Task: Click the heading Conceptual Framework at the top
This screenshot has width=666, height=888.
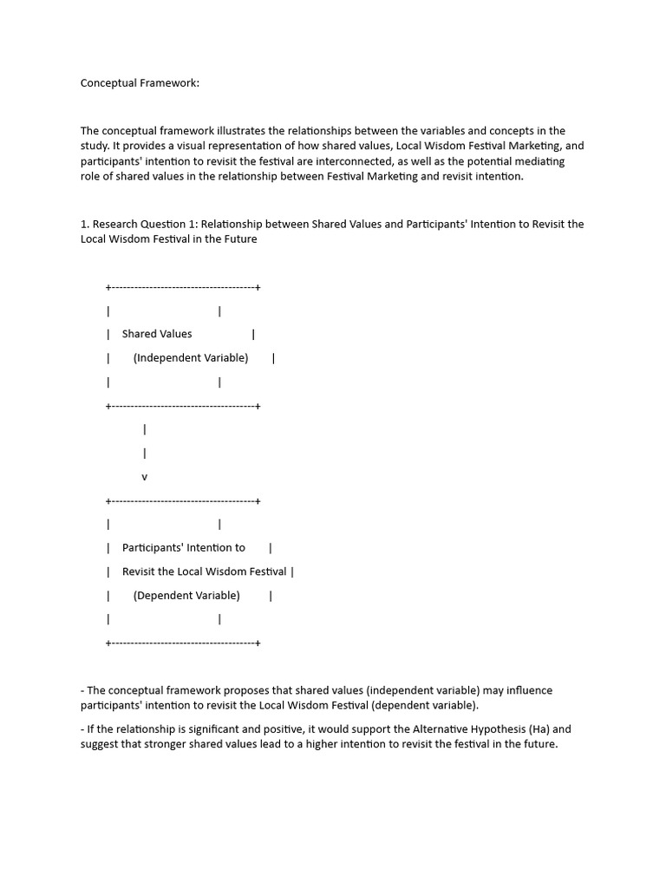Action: point(140,83)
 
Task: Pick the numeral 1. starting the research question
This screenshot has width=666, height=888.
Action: point(85,224)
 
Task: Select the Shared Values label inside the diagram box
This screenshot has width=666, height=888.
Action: point(157,334)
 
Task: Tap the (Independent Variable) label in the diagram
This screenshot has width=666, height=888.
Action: point(191,357)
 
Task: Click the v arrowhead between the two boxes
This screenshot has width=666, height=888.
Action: point(144,477)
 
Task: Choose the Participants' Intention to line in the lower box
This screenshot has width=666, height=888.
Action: point(184,548)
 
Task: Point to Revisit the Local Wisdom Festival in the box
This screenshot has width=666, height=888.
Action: point(204,571)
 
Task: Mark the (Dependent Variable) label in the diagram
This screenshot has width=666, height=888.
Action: point(186,596)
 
